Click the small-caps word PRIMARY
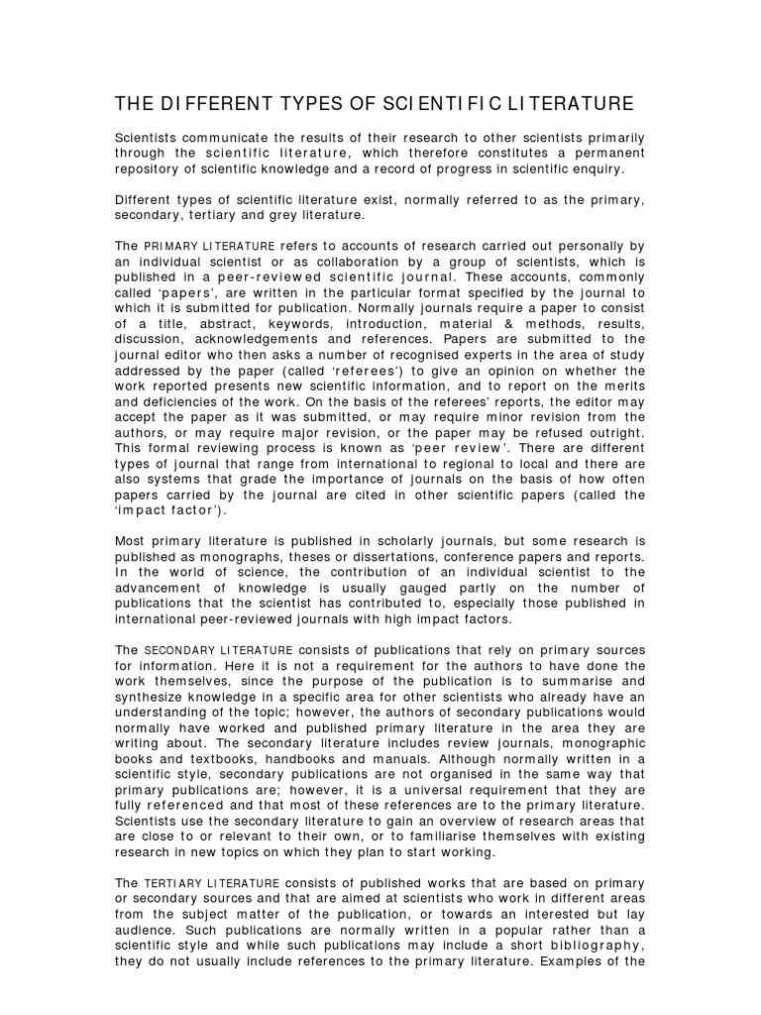tap(174, 247)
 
